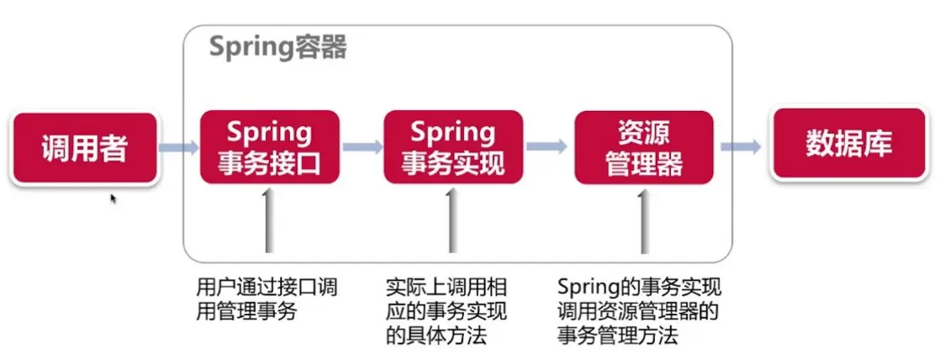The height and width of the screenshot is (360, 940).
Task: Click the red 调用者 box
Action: (85, 149)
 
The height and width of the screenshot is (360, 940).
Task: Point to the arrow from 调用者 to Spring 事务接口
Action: (177, 148)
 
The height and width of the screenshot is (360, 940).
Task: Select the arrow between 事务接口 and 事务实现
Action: (362, 147)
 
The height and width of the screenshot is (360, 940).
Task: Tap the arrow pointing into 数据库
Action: (741, 147)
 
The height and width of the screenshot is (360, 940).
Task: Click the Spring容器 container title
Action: (277, 47)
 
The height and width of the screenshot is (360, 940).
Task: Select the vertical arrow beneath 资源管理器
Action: (644, 220)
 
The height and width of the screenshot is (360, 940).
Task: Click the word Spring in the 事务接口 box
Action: (269, 133)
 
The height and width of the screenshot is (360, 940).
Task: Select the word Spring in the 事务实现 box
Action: (453, 133)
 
